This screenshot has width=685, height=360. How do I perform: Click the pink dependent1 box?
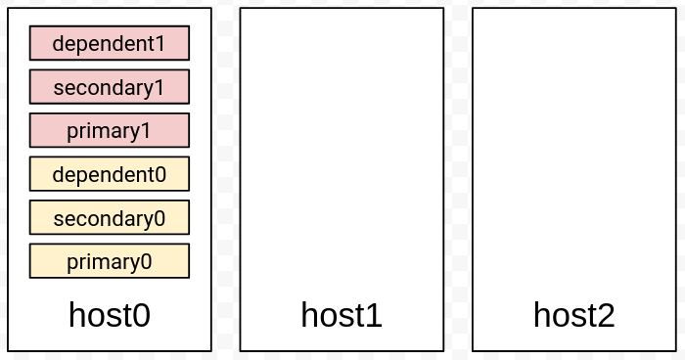coord(110,43)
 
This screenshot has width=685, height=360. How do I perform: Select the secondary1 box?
coord(110,86)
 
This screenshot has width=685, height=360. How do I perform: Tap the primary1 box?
coord(110,130)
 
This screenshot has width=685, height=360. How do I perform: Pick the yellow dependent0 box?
coord(110,174)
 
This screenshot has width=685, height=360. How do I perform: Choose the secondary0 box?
coord(110,217)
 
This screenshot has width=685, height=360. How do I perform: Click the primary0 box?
coord(110,261)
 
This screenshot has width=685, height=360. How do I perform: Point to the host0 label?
coord(110,315)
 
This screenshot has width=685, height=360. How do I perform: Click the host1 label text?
coord(342,315)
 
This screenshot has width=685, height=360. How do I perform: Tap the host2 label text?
coord(574,315)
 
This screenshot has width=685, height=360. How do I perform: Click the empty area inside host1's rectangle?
coord(342,153)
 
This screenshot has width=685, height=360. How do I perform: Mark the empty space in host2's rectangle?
coord(574,153)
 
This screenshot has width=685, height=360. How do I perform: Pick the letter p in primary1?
coord(72,132)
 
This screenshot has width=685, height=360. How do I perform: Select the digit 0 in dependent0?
coord(160,175)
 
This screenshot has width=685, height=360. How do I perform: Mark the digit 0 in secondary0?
coord(160,218)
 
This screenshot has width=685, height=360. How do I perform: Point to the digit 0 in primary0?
coord(146,262)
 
